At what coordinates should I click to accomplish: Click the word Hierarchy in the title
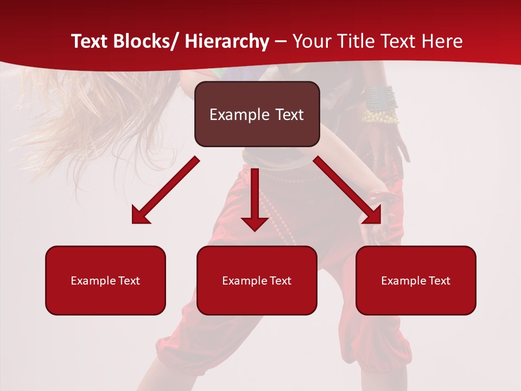pos(227,42)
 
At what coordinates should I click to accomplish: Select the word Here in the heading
pos(442,42)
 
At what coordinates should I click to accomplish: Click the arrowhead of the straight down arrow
pos(255,223)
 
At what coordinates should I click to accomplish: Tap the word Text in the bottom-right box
pos(440,281)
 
